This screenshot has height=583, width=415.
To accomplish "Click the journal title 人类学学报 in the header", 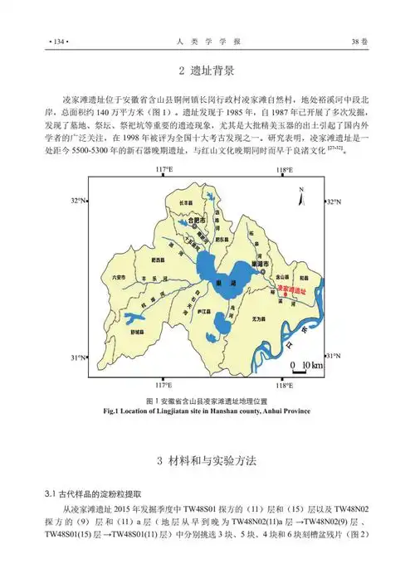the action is tap(207, 40).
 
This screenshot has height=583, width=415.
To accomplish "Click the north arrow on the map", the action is tap(301, 192).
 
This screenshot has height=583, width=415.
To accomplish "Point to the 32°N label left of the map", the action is tap(78, 202).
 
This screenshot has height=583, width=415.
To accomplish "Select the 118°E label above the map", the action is tap(285, 170).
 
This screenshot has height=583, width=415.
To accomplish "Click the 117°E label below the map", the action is tap(164, 386).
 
